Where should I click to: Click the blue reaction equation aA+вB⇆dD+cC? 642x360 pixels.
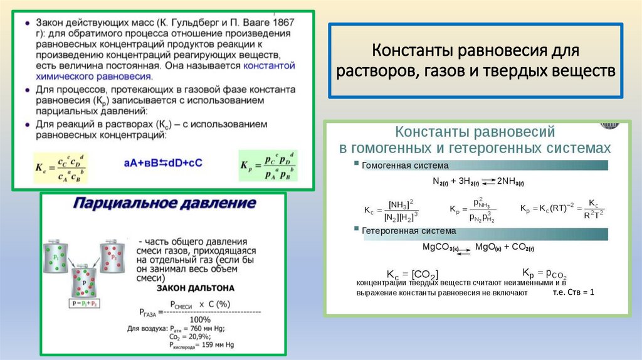163,162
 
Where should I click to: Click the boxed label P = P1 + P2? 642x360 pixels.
85,305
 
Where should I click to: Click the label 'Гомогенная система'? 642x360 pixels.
405,166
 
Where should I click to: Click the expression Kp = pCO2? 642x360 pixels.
544,273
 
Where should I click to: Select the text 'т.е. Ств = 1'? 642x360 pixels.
572,292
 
